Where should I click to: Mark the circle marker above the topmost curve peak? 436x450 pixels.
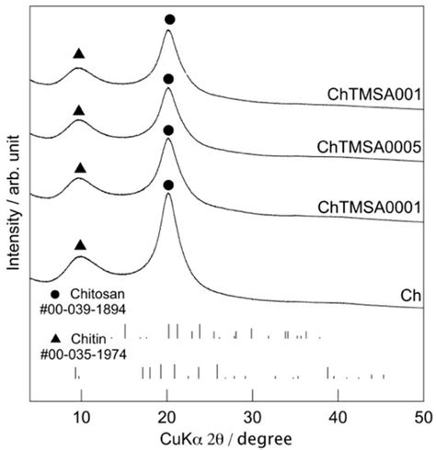[x=168, y=19]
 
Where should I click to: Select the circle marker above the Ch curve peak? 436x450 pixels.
[x=167, y=185]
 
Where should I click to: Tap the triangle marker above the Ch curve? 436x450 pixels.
[x=80, y=245]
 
